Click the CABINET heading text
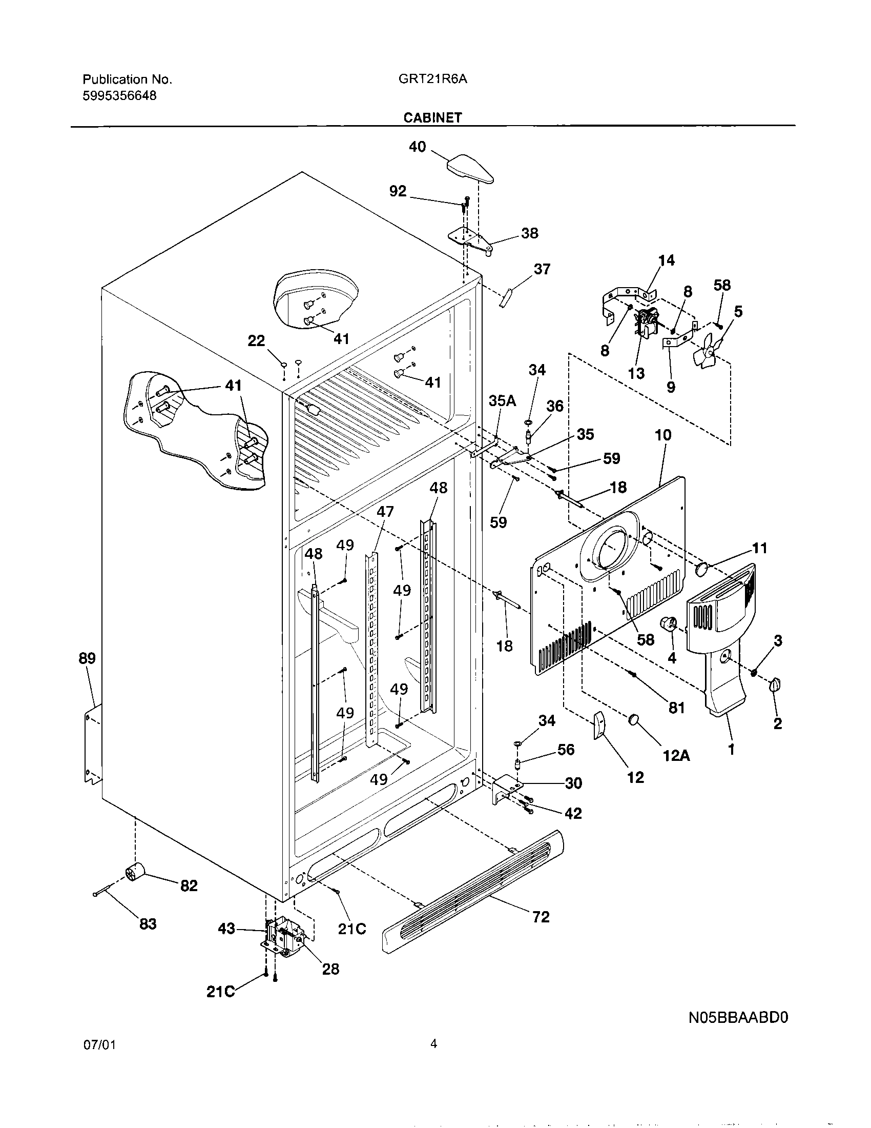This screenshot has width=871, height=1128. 432,118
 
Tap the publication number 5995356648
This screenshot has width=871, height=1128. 120,95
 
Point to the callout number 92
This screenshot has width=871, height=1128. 398,192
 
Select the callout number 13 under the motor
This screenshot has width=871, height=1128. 636,373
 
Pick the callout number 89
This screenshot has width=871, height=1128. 87,658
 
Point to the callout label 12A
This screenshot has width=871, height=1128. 676,756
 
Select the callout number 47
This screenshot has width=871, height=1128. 385,512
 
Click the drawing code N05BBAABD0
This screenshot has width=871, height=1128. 738,1018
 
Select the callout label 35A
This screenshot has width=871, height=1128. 502,401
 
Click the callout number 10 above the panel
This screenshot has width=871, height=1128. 663,435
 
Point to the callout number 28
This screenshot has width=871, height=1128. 330,969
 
